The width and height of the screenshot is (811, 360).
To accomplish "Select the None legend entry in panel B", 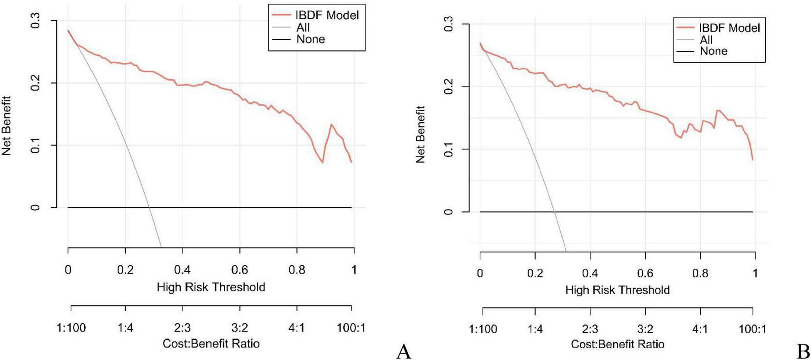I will pyautogui.click(x=714, y=51).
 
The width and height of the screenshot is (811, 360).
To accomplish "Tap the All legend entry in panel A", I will pyautogui.click(x=303, y=27).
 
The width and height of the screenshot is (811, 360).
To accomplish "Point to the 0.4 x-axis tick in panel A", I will pyautogui.click(x=182, y=270).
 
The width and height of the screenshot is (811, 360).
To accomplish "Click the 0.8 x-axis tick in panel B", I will pyautogui.click(x=700, y=274).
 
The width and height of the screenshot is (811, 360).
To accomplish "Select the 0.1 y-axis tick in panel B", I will pyautogui.click(x=449, y=149).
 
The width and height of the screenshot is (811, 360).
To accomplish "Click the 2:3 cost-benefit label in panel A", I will pyautogui.click(x=182, y=328).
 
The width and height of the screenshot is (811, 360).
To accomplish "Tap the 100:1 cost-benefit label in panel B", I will pyautogui.click(x=752, y=329).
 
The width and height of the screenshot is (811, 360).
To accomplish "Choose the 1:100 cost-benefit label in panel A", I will pyautogui.click(x=71, y=328).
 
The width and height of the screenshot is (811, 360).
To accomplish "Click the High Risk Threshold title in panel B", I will pyautogui.click(x=617, y=290).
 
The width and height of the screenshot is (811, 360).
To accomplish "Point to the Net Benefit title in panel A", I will pyautogui.click(x=6, y=126).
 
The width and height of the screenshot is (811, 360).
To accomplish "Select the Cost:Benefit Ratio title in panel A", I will pyautogui.click(x=211, y=344).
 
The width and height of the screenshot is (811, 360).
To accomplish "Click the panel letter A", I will pyautogui.click(x=403, y=351).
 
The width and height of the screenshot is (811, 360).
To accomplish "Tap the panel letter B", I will pyautogui.click(x=803, y=351).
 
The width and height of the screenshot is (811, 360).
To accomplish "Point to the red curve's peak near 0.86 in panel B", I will pyautogui.click(x=717, y=110).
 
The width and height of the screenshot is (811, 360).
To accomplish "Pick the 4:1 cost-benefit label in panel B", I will pyautogui.click(x=700, y=329).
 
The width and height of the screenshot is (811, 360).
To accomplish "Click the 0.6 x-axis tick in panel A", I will pyautogui.click(x=239, y=270).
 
